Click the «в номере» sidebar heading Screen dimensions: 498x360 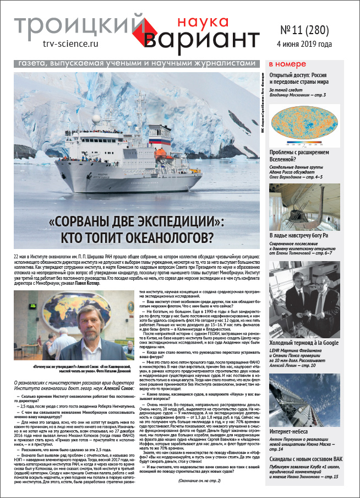[x=286, y=64]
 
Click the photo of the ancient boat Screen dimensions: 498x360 [x=312, y=207]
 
